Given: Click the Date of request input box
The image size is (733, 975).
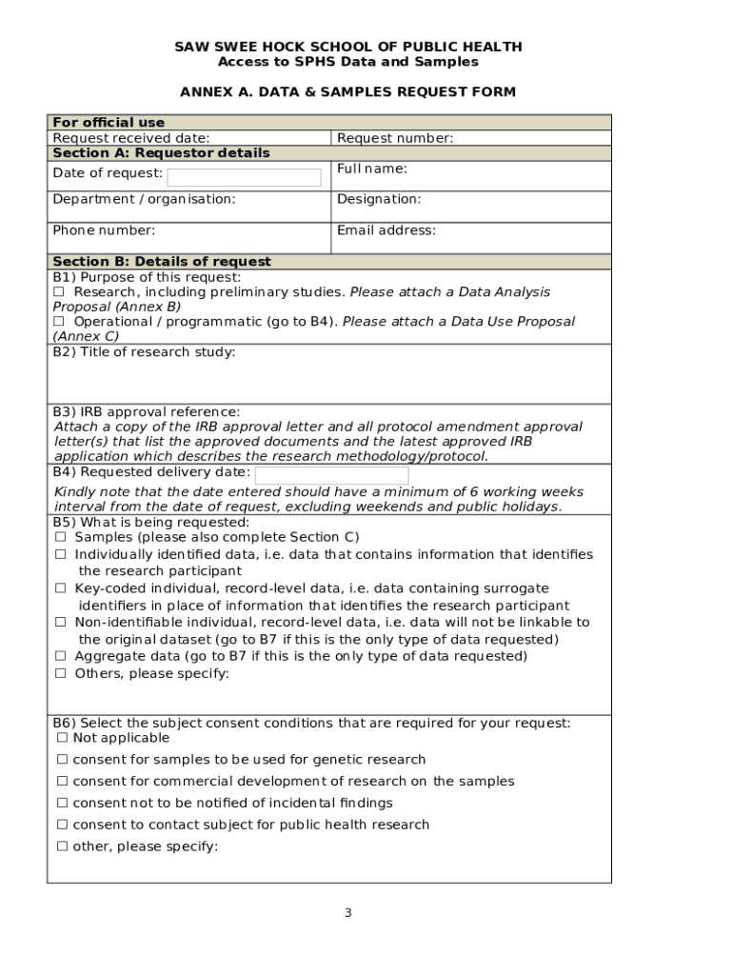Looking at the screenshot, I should [x=244, y=177].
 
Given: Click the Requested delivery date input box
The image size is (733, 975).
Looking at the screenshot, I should [x=331, y=474].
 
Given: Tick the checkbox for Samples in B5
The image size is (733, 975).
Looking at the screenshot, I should [x=60, y=537].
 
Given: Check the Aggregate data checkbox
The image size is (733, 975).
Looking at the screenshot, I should [x=60, y=656].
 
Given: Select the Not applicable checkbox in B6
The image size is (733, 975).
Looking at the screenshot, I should [x=62, y=738].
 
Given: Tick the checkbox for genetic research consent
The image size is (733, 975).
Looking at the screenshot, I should [x=62, y=760].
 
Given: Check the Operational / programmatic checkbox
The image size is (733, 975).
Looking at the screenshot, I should [x=59, y=322].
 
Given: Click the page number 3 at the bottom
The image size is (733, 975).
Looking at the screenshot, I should [x=347, y=913].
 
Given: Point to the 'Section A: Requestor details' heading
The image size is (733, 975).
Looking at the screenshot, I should [x=161, y=153].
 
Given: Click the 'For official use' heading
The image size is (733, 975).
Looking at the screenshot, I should [x=109, y=123].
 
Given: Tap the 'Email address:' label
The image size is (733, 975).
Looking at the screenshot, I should [x=386, y=230].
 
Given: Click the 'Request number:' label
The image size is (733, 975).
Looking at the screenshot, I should [x=395, y=139].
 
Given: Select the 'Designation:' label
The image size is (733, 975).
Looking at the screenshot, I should [x=379, y=200].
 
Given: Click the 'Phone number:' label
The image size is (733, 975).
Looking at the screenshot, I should [x=104, y=230].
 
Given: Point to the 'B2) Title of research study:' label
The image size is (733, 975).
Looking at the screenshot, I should [x=144, y=352].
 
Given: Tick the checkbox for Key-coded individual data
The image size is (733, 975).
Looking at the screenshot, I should [x=60, y=588].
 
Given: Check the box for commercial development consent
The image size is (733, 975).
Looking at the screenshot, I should [x=62, y=782].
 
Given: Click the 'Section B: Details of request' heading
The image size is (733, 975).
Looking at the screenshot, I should [x=162, y=262].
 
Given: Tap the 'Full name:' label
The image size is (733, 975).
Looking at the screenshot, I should [x=372, y=169].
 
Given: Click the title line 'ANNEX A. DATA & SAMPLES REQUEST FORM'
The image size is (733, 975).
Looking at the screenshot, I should [x=347, y=92].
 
